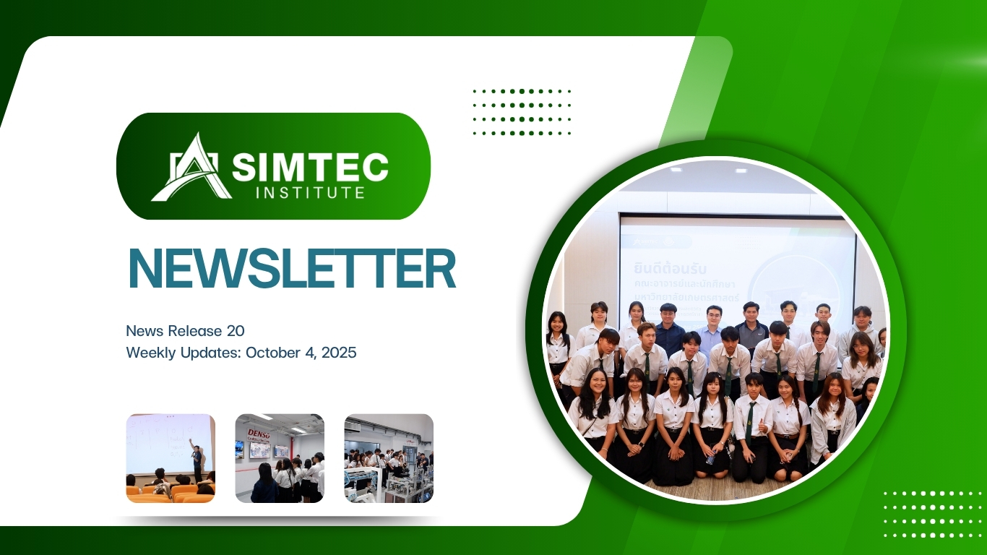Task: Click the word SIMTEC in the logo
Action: click(311, 168)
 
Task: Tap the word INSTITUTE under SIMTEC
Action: click(311, 193)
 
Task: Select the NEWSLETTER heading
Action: click(292, 270)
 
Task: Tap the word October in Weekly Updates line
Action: click(272, 353)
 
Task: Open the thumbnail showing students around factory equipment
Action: click(389, 458)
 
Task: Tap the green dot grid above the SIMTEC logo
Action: click(522, 112)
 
